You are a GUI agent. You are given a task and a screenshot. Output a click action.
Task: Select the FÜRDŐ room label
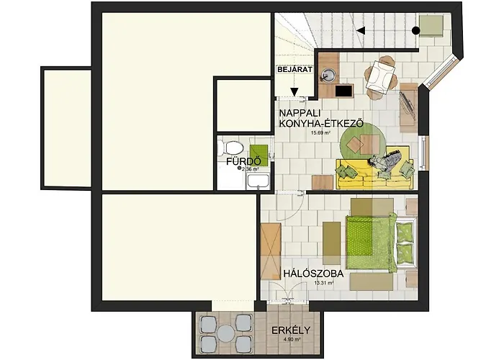click(x=243, y=161)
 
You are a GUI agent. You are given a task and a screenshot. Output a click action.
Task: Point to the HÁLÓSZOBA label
click(x=312, y=274)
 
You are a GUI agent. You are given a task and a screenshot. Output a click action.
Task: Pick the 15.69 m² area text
click(x=320, y=133)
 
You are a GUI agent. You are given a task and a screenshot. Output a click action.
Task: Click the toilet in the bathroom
click(x=233, y=149)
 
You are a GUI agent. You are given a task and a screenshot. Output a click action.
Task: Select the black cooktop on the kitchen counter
click(x=343, y=91)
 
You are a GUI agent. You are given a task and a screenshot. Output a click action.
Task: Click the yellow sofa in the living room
click(x=374, y=168)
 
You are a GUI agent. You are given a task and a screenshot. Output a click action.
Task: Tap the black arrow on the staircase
click(x=361, y=30)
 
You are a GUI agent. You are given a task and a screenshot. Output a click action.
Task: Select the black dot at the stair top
click(x=416, y=30)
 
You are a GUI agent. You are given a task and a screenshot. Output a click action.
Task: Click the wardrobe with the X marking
click(x=270, y=251)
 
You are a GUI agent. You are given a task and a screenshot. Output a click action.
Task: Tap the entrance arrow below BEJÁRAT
click(x=295, y=90)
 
